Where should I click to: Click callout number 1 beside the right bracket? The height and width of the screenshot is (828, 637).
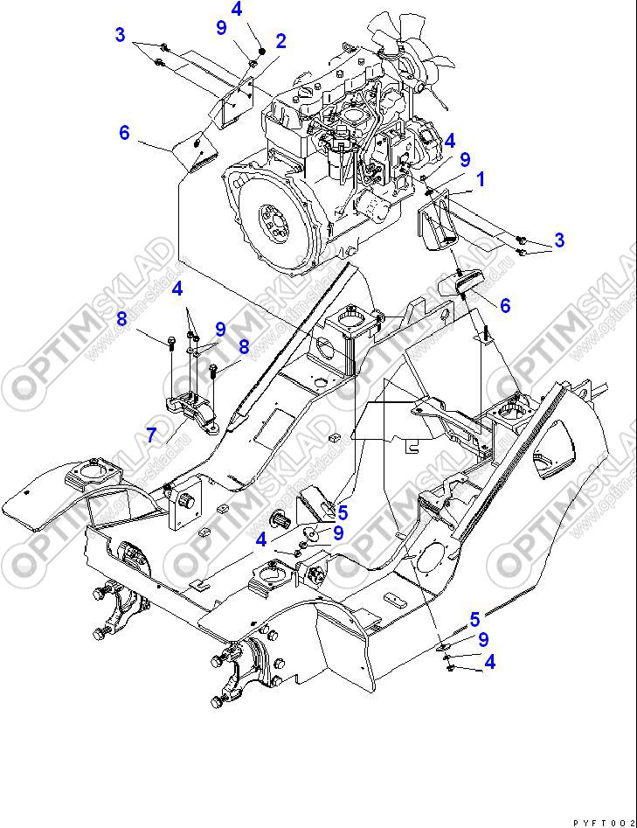click(480, 181)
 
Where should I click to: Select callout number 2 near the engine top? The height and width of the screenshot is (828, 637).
click(280, 40)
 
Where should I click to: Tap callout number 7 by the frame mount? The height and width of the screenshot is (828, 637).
click(151, 435)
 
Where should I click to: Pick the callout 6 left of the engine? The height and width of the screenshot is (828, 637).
click(124, 133)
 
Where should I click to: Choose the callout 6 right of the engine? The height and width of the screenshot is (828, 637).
click(505, 305)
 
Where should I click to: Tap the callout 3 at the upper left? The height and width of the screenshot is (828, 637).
click(120, 35)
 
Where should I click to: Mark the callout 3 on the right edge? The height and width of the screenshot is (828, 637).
click(559, 240)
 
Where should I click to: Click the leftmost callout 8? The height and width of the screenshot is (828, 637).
click(123, 319)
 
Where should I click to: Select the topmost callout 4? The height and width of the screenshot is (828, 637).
click(236, 10)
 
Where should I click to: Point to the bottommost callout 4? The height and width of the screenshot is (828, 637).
click(489, 663)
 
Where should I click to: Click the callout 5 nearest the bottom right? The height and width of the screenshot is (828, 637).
click(474, 620)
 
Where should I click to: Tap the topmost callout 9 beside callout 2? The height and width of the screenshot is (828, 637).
click(221, 27)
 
